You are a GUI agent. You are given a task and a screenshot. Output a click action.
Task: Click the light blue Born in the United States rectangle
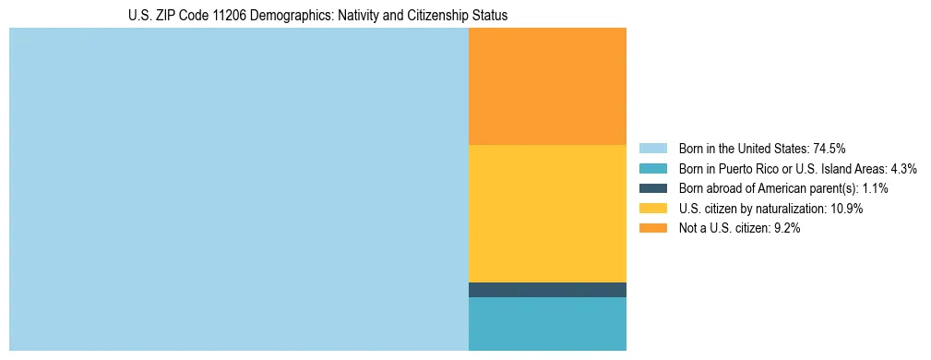click(x=238, y=189)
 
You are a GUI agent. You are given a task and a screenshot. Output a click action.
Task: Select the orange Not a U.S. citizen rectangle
click(x=547, y=86)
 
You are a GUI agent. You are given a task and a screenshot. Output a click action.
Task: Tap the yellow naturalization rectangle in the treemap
click(x=547, y=213)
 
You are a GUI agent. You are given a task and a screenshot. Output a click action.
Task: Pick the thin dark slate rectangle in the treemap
click(x=547, y=290)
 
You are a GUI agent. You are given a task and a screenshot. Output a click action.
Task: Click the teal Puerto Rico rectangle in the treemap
click(x=547, y=324)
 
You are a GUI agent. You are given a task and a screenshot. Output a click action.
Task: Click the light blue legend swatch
click(x=652, y=148)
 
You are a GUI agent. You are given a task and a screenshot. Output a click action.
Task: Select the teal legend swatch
click(x=652, y=168)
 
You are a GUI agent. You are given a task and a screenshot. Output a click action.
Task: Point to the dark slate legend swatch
click(x=652, y=188)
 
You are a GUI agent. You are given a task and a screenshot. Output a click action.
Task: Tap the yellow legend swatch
click(x=652, y=209)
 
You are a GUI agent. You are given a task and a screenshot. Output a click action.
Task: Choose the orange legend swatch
click(x=652, y=229)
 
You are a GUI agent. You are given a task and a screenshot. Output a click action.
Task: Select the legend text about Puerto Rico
click(x=784, y=168)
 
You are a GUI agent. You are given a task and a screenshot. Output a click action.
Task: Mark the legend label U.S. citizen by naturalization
click(x=752, y=209)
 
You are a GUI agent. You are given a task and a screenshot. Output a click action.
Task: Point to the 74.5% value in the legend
click(x=830, y=148)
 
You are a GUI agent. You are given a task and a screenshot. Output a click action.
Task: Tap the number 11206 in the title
click(x=242, y=16)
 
